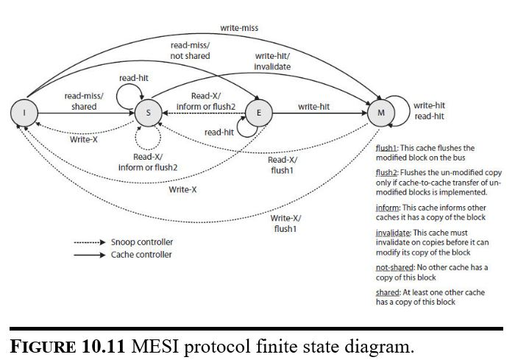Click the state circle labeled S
point(148,113)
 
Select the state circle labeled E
point(258,113)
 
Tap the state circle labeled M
point(380,113)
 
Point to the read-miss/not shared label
point(190,51)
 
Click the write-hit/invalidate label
point(273,61)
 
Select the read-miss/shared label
point(84,101)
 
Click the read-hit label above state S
point(135,77)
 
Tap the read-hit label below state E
point(219,133)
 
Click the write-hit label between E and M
point(314,107)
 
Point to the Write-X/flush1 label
point(285,223)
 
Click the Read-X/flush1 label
point(283,165)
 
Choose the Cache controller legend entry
point(141,255)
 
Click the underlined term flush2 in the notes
point(387,172)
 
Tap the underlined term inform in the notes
point(387,208)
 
